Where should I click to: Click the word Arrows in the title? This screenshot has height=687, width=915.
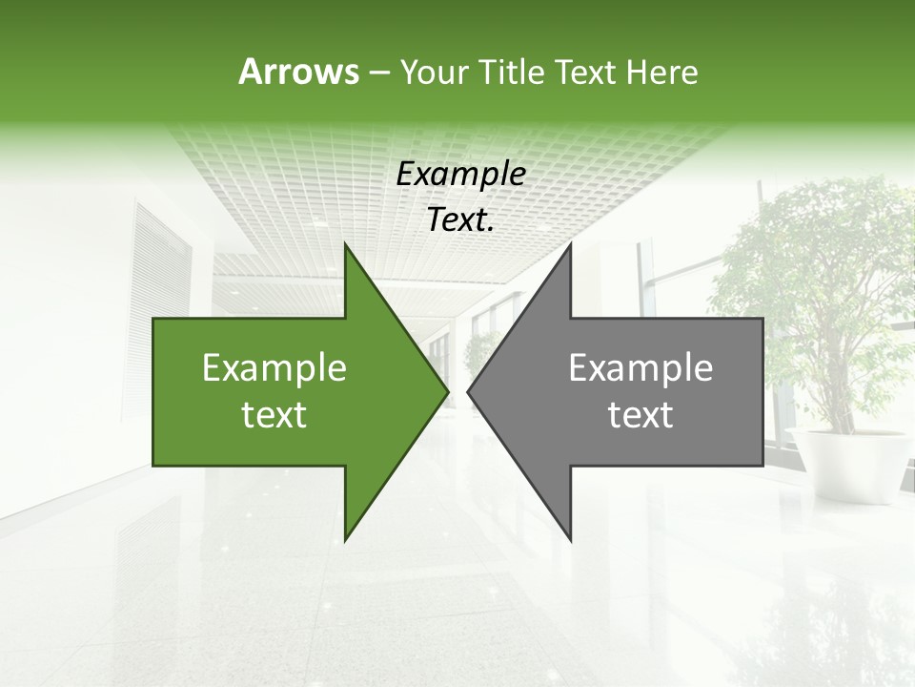(x=298, y=72)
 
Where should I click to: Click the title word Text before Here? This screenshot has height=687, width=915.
(x=587, y=72)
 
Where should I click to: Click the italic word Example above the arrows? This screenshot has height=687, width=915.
(x=460, y=174)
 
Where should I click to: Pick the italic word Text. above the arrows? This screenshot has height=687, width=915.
(x=460, y=219)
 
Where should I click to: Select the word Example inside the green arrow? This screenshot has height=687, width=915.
(x=274, y=368)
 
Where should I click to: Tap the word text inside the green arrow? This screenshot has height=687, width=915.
(x=274, y=415)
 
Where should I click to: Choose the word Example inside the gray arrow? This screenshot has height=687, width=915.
(x=640, y=368)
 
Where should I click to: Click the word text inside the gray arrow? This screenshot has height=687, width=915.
(x=640, y=415)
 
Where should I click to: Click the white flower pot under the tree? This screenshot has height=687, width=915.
(x=848, y=464)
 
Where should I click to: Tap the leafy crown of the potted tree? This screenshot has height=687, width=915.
(x=820, y=267)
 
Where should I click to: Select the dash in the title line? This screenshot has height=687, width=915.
(x=378, y=73)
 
